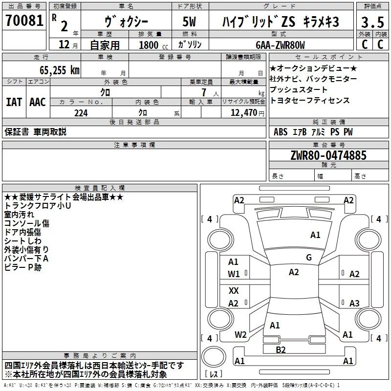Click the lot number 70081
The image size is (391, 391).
pyautogui.click(x=24, y=21)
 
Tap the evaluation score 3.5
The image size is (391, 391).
pyautogui.click(x=372, y=22)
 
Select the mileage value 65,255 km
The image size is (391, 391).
pyautogui.click(x=60, y=70)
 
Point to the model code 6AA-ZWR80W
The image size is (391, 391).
pyautogui.click(x=280, y=45)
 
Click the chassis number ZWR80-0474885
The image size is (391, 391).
pyautogui.click(x=328, y=155)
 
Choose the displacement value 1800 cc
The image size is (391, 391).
pyautogui.click(x=153, y=45)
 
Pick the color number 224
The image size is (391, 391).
pyautogui.click(x=81, y=113)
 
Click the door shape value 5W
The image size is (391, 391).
pyautogui.click(x=189, y=22)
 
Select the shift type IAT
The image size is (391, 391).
pyautogui.click(x=14, y=102)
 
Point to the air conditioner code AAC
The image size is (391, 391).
pyautogui.click(x=38, y=102)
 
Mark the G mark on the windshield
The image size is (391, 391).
pyautogui.click(x=309, y=258)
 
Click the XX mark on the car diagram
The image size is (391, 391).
pyautogui.click(x=234, y=290)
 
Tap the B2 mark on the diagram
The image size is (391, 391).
pyautogui.click(x=281, y=350)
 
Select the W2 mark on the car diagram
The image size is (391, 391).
pyautogui.click(x=240, y=335)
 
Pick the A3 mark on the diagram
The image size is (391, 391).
pyautogui.click(x=354, y=303)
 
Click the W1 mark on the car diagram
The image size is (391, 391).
pyautogui.click(x=234, y=274)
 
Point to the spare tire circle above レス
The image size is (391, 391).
pyautogui.click(x=214, y=357)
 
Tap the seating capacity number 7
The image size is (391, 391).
pyautogui.click(x=204, y=92)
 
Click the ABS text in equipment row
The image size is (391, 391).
pyautogui.click(x=281, y=132)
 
